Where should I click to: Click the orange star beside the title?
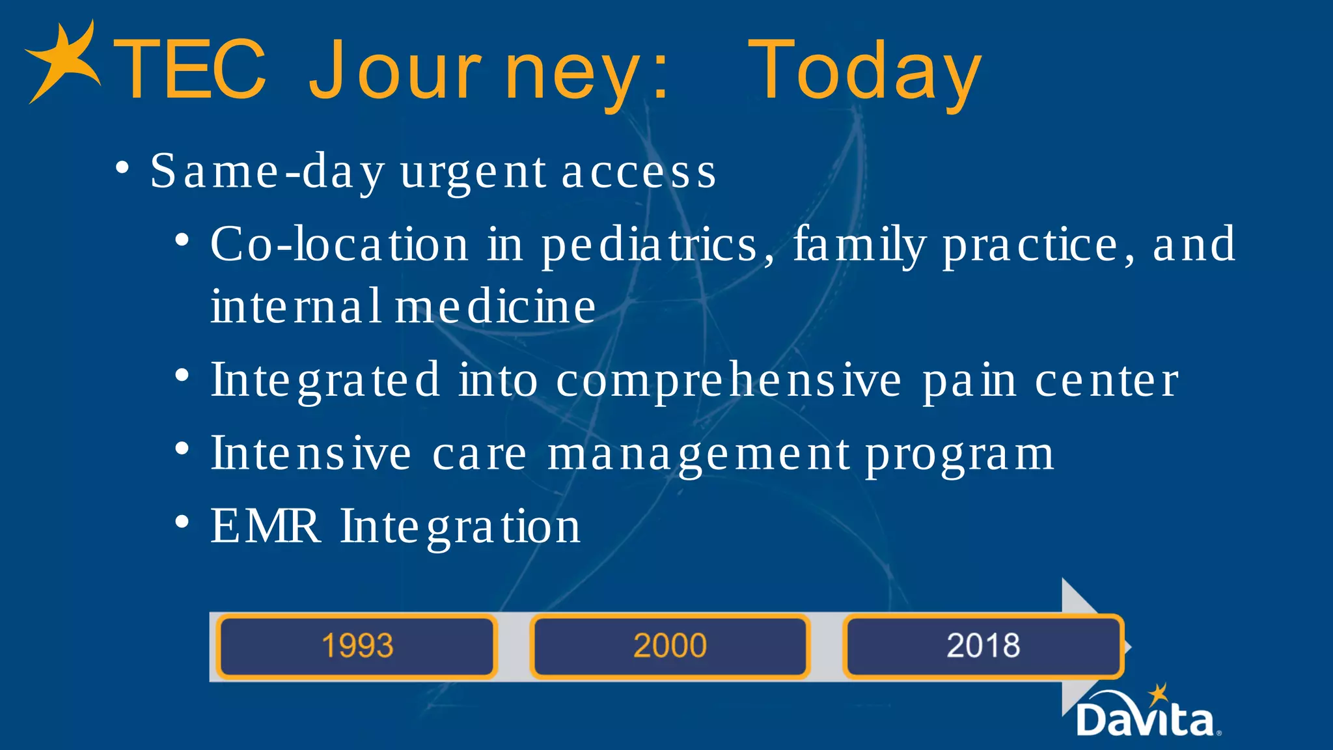[x=64, y=62]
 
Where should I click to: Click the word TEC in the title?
[x=189, y=70]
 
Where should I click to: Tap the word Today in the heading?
[x=864, y=72]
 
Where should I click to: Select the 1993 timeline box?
[x=357, y=646]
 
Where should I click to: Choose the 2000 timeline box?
[x=670, y=646]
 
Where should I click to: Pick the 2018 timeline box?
[x=983, y=646]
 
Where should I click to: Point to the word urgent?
[x=473, y=173]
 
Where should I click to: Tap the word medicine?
[x=495, y=306]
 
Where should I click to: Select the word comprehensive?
[x=729, y=381]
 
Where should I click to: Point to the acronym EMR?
[x=265, y=526]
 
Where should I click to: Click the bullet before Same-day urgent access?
[x=122, y=168]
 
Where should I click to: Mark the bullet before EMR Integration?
[x=182, y=522]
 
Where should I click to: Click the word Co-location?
[x=339, y=245]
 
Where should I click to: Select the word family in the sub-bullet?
[x=859, y=245]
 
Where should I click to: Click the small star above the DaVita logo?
[x=1158, y=694]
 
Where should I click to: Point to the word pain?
[x=969, y=381]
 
